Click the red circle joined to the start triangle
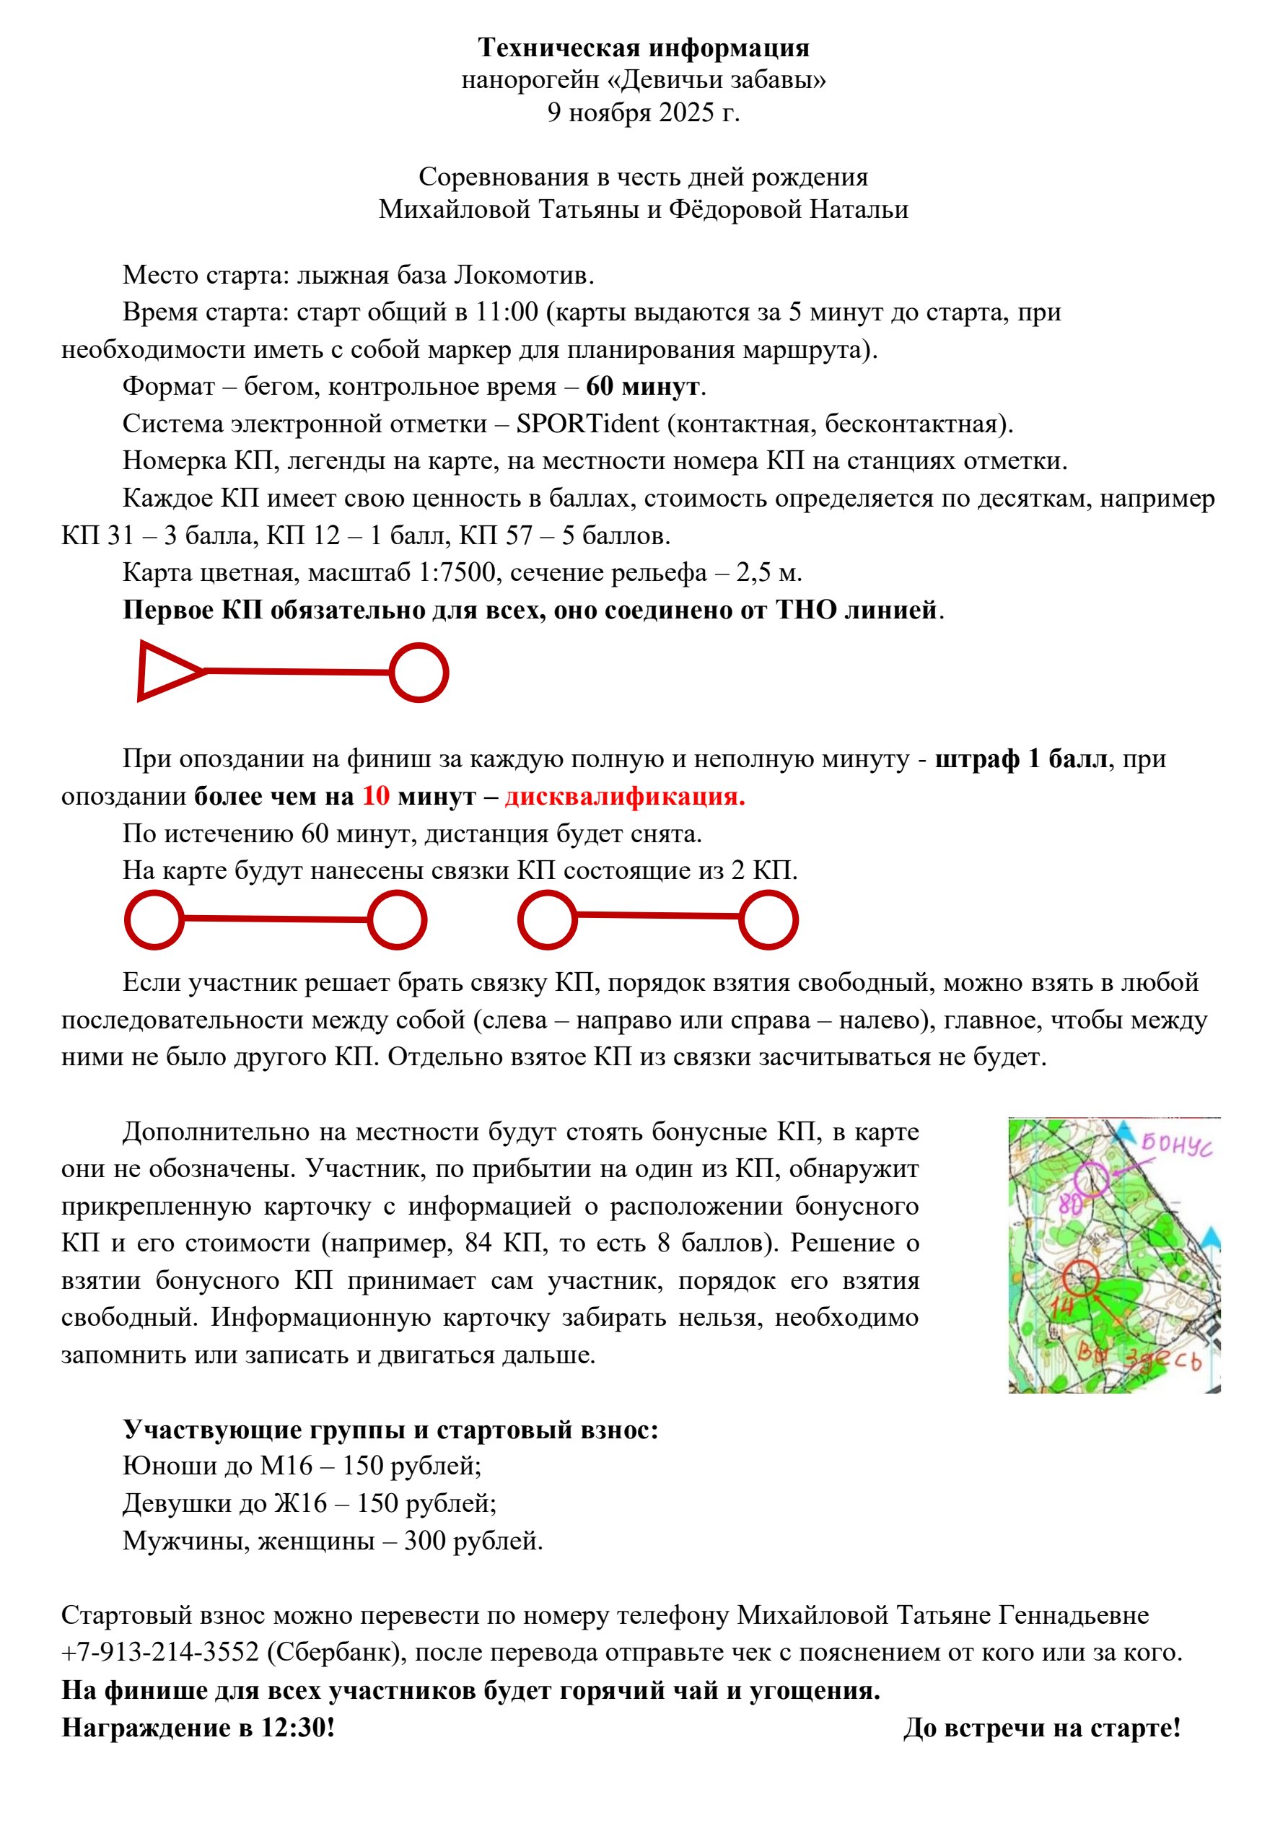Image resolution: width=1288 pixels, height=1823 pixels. point(419,673)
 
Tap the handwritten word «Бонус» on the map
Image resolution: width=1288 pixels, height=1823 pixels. point(1177,1147)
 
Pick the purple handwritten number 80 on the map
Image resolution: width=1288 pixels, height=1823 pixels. point(1069,1205)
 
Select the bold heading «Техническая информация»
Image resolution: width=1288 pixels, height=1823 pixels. point(643,48)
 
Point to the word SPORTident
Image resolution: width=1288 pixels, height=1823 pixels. point(587,424)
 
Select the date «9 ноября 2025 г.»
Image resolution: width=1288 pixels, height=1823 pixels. point(643,113)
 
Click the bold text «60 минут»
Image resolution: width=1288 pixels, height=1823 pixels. point(642,387)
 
